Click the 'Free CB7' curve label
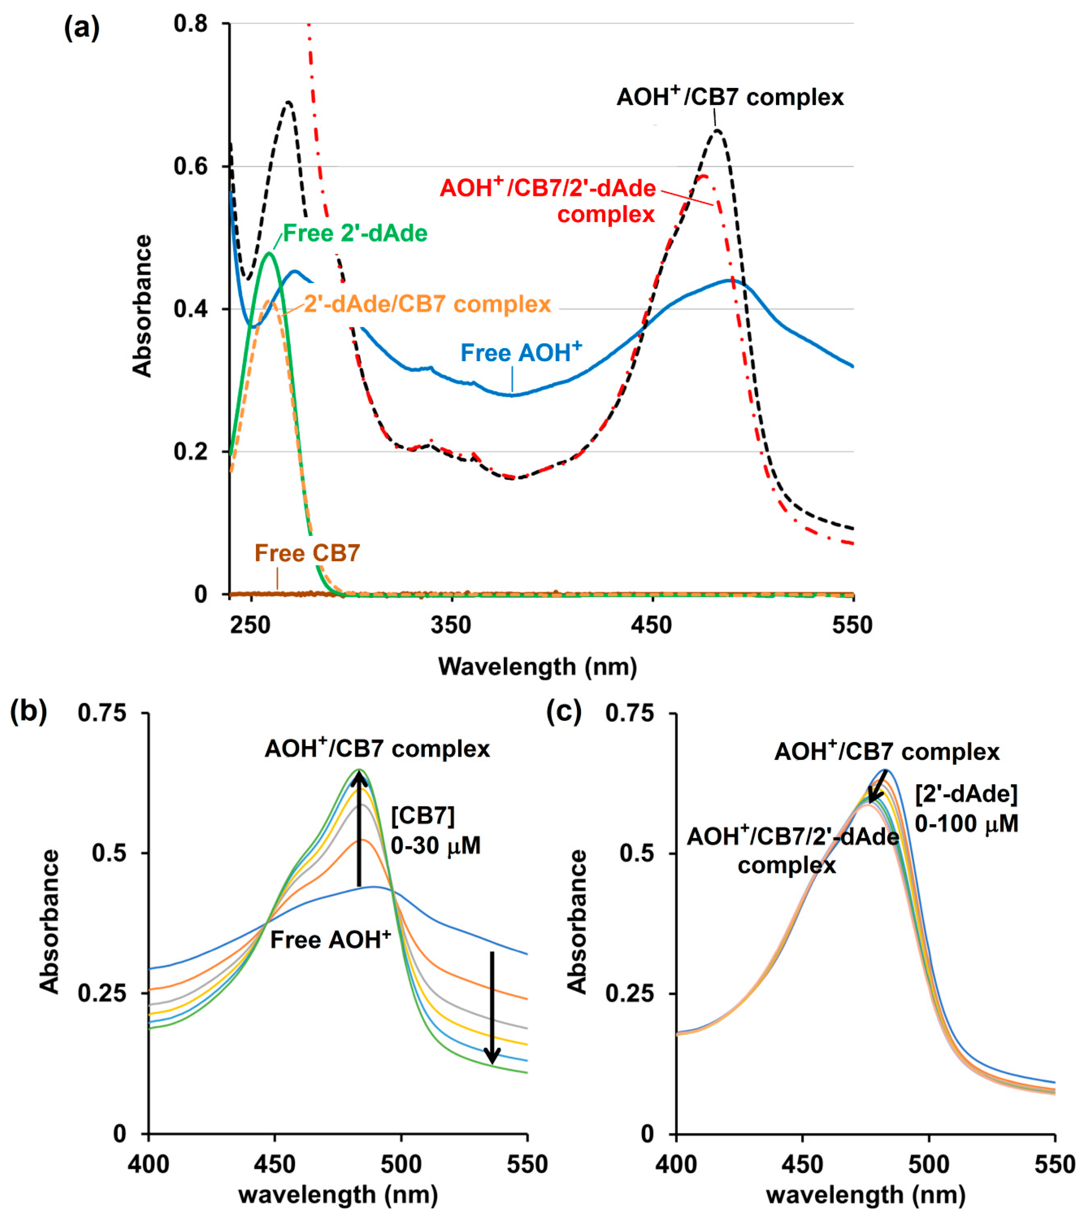click(x=307, y=553)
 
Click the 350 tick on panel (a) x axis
click(x=450, y=625)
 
